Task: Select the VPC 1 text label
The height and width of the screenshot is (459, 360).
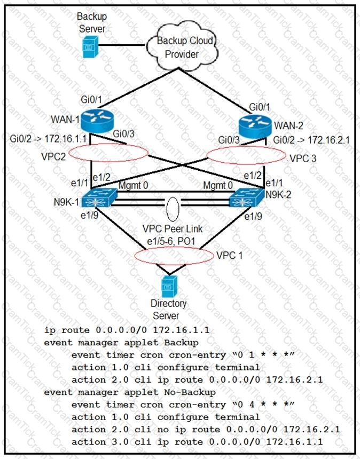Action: [x=229, y=255]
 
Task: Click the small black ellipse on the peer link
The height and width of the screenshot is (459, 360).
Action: [x=173, y=207]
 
